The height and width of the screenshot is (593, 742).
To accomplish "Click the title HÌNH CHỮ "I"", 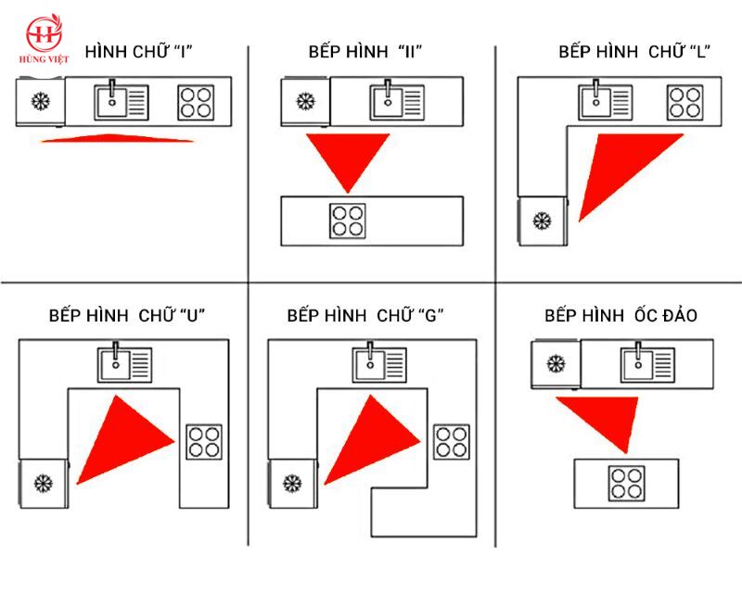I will click(138, 51).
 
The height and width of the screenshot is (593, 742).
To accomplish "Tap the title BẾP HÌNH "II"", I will click(365, 51).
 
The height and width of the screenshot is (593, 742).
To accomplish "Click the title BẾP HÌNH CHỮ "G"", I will click(365, 315).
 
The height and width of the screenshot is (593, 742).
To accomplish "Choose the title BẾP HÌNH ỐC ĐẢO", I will click(621, 316).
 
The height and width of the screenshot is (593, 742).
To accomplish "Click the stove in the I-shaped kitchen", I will click(196, 102).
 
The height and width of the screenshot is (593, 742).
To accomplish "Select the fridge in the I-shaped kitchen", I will click(41, 102).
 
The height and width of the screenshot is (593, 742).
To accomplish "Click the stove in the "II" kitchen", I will click(348, 220).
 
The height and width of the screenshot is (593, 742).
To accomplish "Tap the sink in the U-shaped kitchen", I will click(124, 363).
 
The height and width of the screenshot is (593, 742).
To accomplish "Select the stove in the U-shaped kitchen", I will click(204, 441).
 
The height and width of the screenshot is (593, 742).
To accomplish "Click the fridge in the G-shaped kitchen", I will click(291, 483).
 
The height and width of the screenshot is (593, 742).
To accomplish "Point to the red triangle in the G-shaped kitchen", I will click(371, 441).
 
